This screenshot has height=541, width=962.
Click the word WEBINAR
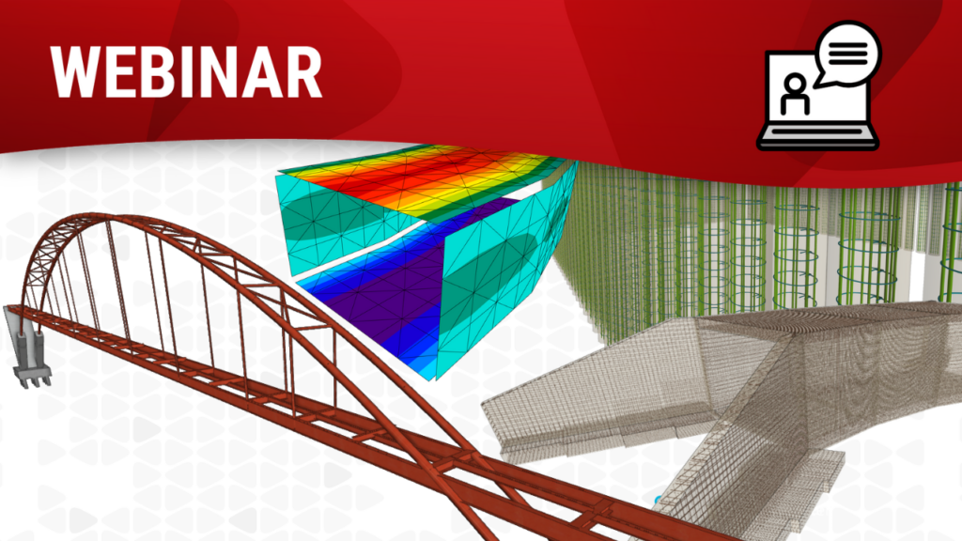(186, 71)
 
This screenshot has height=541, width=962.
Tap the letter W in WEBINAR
(79, 71)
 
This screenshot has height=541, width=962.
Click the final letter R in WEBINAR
(303, 71)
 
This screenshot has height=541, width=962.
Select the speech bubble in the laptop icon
(848, 54)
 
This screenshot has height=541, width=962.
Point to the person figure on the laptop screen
(795, 94)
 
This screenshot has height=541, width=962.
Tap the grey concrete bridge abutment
(28, 347)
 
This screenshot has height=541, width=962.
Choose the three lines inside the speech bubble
(848, 54)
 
